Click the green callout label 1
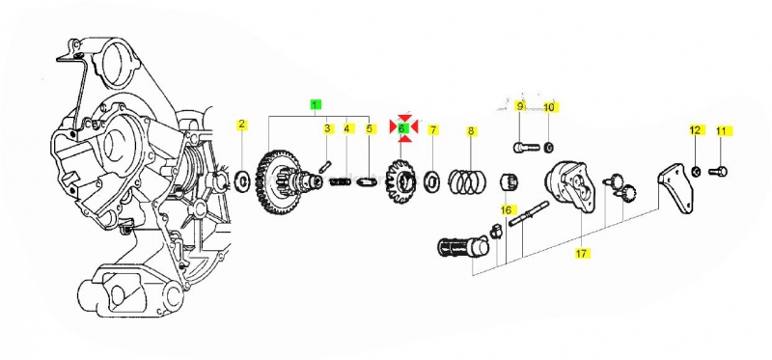tap(316, 104)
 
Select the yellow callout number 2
tap(241, 125)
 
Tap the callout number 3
tap(327, 129)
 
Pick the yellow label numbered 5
tap(370, 129)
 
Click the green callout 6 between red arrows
tap(402, 128)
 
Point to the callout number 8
tap(471, 131)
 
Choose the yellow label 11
tap(721, 131)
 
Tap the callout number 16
tap(506, 210)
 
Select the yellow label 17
tap(582, 254)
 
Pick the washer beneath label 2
tap(243, 181)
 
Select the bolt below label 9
tap(526, 147)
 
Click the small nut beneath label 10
tap(550, 147)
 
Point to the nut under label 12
tap(696, 171)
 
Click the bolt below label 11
tap(718, 172)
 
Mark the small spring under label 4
tap(341, 181)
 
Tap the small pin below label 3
tap(325, 166)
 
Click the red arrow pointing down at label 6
tap(404, 119)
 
